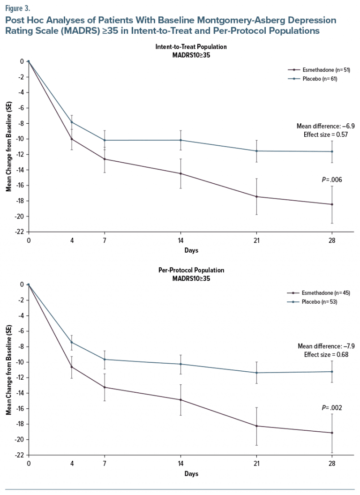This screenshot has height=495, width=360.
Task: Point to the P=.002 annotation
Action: click(332, 408)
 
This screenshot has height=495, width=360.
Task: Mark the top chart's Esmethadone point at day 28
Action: click(332, 204)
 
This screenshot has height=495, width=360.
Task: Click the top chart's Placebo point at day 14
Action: click(180, 140)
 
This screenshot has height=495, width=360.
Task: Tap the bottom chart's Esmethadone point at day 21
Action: click(256, 426)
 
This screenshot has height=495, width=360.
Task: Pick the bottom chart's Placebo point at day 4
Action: click(72, 342)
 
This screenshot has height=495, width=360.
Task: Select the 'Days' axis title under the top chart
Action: click(191, 250)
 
